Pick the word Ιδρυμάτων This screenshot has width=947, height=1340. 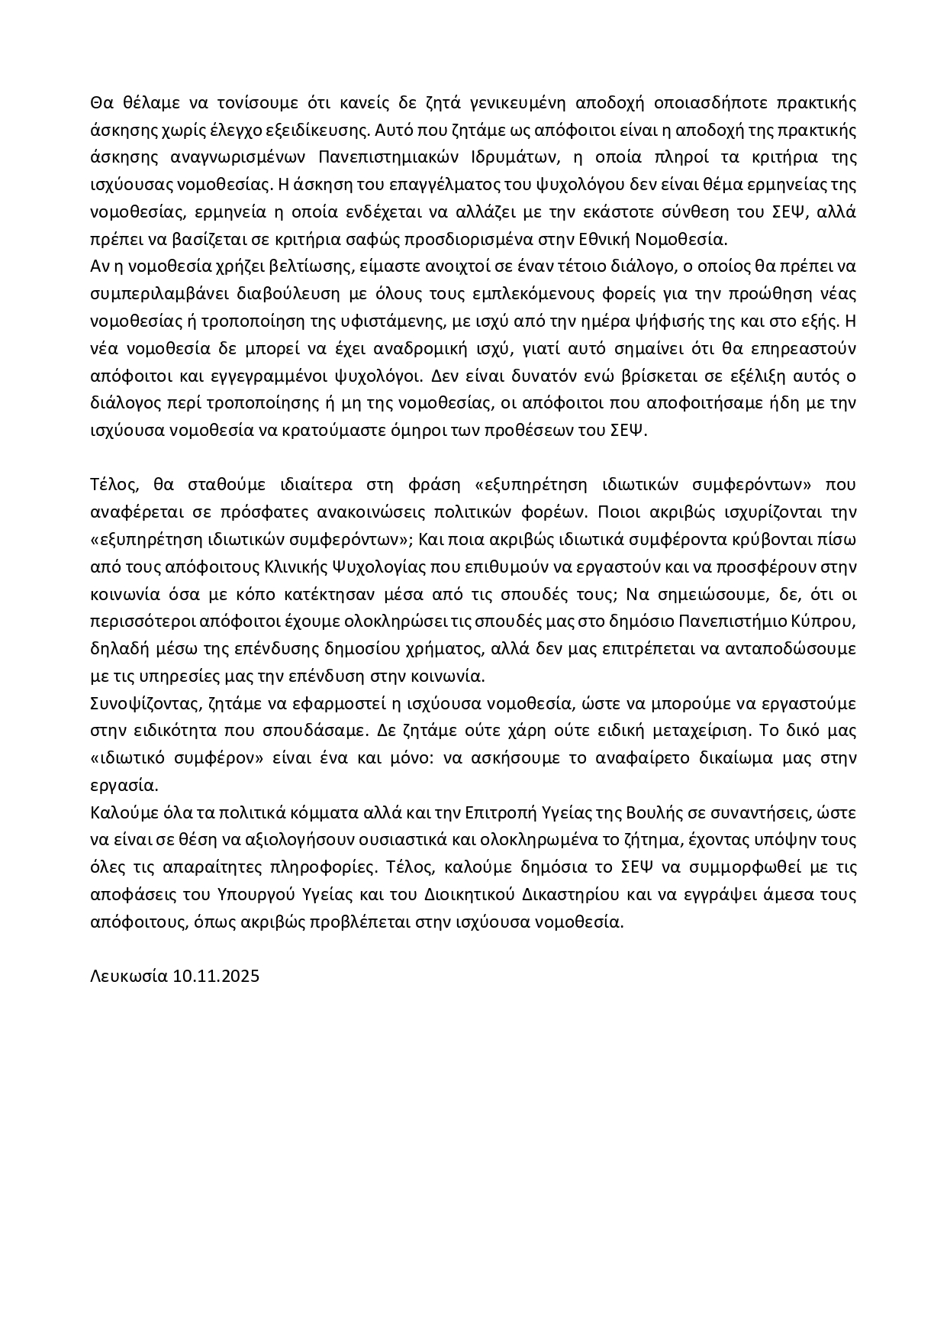tap(508, 157)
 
